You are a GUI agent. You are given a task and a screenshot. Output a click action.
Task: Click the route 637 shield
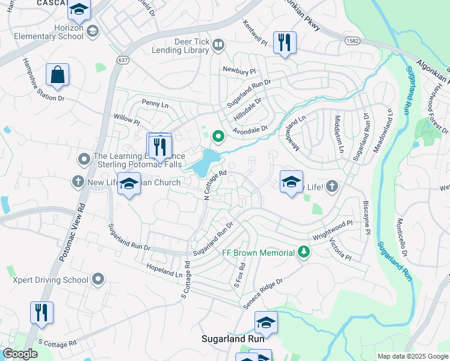click(x=123, y=60)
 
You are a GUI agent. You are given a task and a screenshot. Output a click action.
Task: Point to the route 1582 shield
click(x=353, y=40)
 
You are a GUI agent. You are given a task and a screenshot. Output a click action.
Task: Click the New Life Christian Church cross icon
click(x=78, y=181)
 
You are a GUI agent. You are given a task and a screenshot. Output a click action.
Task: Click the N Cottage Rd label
click(x=215, y=184)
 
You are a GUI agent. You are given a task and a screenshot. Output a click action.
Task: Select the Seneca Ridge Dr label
click(x=263, y=294)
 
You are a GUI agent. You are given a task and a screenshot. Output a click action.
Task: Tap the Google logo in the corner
click(x=20, y=354)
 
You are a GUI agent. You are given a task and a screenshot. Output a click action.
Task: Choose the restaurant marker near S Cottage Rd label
click(x=42, y=313)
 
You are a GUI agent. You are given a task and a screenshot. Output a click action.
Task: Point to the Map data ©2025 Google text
click(x=413, y=356)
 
